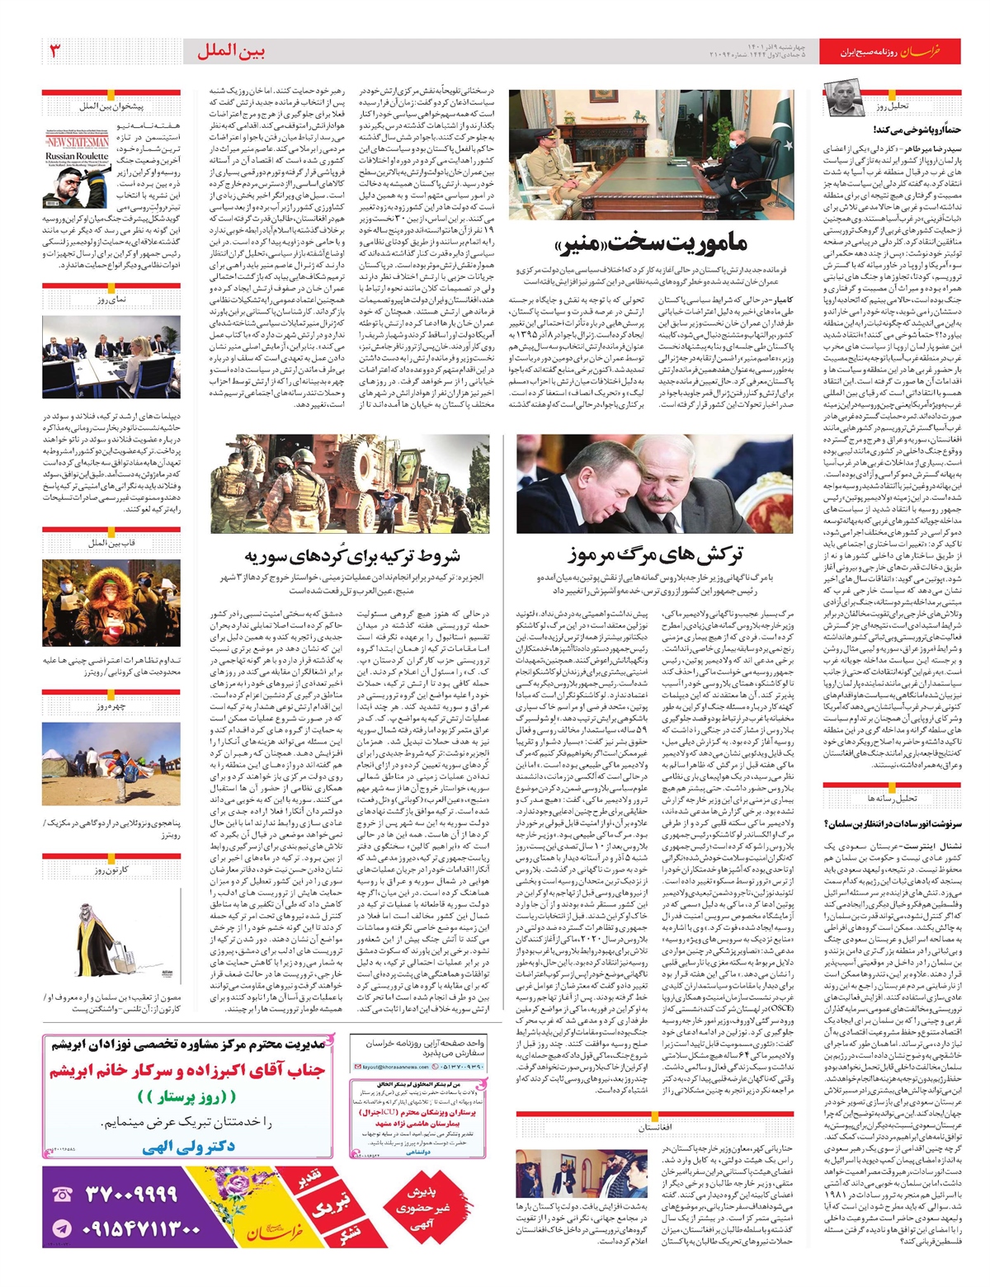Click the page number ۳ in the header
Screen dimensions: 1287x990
tap(56, 51)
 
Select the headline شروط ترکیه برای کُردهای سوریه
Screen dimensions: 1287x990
tap(352, 555)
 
